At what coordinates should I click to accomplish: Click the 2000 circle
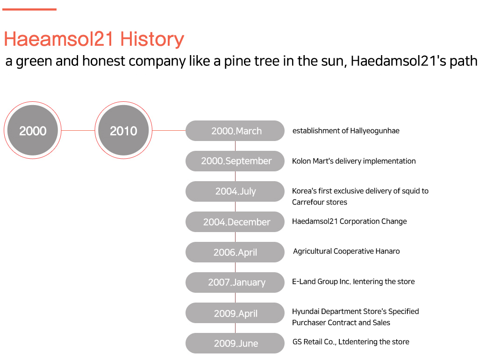point(33,130)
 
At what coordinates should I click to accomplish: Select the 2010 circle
point(123,130)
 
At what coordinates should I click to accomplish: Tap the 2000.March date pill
point(235,131)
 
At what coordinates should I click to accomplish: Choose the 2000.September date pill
point(235,161)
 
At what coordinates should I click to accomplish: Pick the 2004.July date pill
point(235,191)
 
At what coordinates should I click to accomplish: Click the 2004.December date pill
point(235,222)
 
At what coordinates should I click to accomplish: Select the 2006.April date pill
point(235,252)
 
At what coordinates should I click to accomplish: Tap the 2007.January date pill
point(235,282)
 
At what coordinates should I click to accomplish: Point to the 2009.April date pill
point(235,313)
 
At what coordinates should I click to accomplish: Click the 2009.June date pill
point(235,343)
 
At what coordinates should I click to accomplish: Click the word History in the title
point(152,39)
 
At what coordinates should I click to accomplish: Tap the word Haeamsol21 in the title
point(59,39)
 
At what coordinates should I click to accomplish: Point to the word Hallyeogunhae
point(375,131)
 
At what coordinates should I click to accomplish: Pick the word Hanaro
point(387,251)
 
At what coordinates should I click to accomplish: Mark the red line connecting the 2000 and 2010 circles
point(78,130)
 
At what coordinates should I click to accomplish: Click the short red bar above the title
point(29,10)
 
